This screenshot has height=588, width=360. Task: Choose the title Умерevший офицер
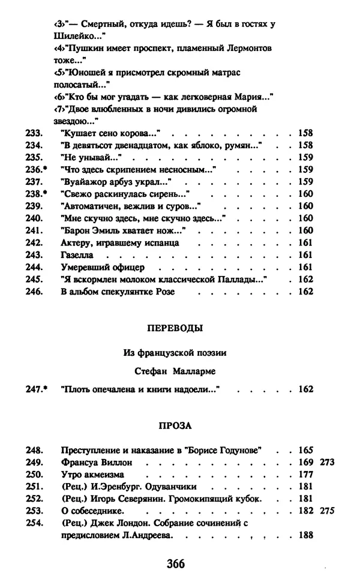click(103, 267)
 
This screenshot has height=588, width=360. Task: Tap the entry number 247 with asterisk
click(36, 389)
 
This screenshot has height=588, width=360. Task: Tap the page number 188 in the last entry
click(306, 535)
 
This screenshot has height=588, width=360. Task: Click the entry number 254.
click(33, 523)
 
